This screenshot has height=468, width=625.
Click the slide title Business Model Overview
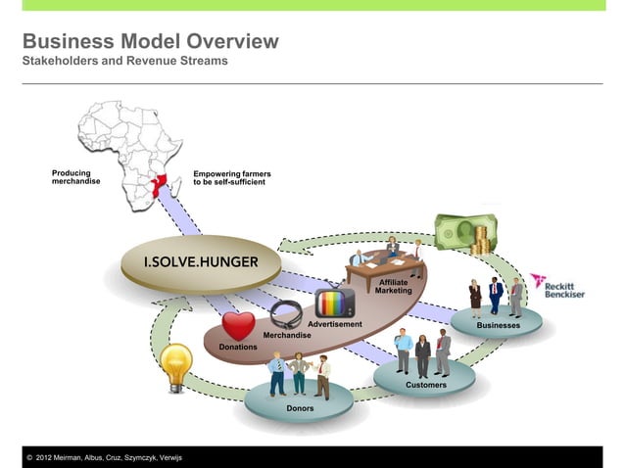150,42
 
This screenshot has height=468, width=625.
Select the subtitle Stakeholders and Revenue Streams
124,62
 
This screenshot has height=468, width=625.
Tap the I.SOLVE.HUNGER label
201,262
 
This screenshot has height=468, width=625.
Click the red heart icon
237,325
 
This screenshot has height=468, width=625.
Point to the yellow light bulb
176,363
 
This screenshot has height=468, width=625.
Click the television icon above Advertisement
334,304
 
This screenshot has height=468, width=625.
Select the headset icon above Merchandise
285,314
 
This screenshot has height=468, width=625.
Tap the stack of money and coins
460,233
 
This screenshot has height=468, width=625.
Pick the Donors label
300,406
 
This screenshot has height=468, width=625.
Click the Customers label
426,385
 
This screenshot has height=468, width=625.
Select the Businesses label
498,325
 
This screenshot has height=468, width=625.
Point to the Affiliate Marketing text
394,286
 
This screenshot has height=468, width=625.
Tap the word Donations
238,347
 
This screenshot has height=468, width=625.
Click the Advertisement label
335,323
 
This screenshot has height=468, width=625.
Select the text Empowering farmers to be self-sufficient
232,177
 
